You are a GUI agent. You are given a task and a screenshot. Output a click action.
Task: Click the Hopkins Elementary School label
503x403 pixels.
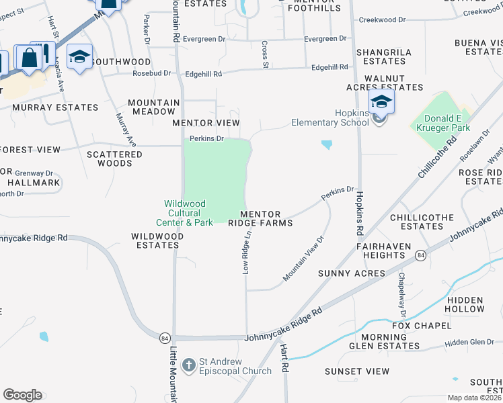(330, 118)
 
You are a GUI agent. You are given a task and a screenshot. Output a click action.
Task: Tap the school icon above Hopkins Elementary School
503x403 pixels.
(381, 102)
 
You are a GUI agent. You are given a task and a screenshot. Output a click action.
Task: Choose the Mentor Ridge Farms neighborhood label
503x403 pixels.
(260, 218)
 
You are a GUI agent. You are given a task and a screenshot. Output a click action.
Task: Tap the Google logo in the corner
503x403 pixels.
(22, 395)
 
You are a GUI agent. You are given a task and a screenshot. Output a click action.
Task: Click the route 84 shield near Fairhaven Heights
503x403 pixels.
(420, 256)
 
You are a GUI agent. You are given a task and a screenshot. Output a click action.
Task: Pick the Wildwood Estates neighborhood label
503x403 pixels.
(156, 240)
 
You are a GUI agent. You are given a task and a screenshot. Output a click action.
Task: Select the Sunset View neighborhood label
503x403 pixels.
(357, 371)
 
